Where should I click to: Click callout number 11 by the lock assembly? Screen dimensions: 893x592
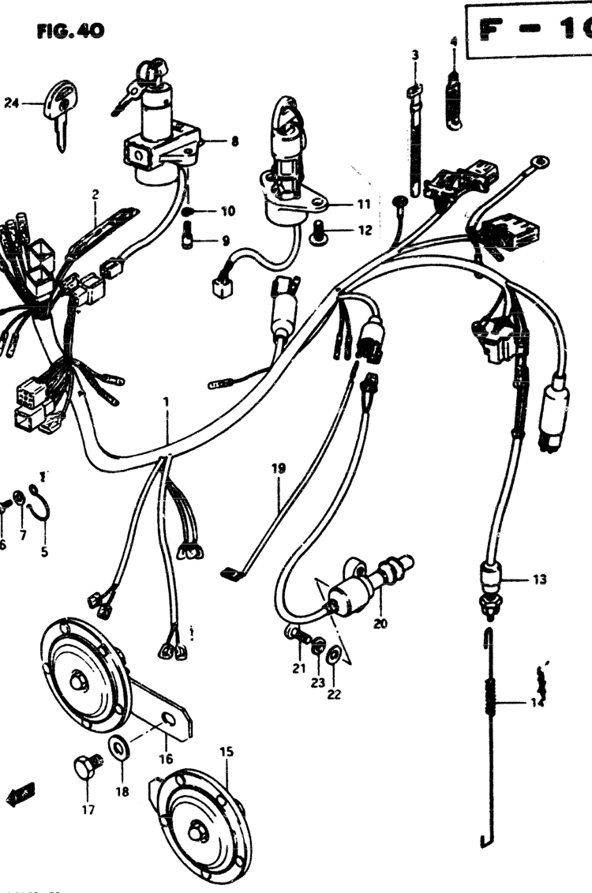point(362,204)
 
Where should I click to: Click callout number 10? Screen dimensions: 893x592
point(227,211)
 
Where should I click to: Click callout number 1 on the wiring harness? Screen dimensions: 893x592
point(167,402)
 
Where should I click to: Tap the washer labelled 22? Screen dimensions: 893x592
point(334,655)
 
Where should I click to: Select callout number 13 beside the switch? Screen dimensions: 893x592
point(538,580)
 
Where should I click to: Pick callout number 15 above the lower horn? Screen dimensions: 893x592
point(227,752)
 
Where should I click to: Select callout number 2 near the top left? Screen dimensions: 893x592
point(96,194)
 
